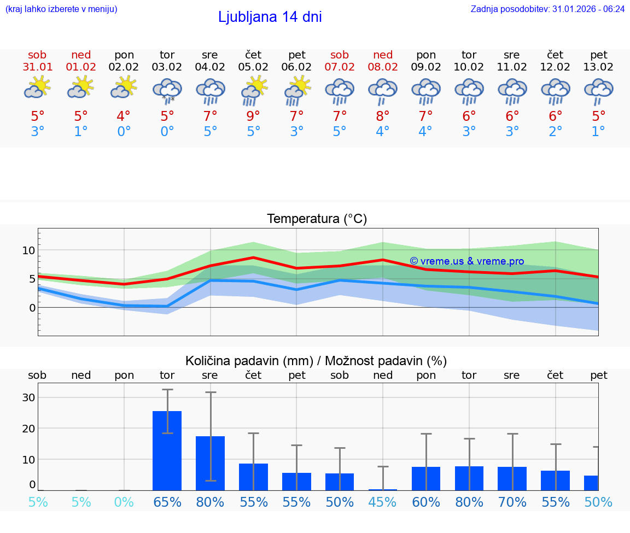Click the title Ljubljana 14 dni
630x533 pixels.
pos(270,17)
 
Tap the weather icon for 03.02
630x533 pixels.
pos(167,90)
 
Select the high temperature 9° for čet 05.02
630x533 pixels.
pos(253,116)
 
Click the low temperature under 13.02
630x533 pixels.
pos(598,132)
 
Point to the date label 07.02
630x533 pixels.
pos(340,67)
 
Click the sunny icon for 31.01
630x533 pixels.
pos(37,87)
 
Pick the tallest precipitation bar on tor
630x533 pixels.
pos(167,450)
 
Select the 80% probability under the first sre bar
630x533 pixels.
pos(210,502)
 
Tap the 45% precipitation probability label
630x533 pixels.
pos(383,502)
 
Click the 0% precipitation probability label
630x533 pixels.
pos(124,502)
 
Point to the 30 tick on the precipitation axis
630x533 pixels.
pos(28,397)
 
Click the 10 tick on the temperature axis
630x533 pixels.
pos(28,250)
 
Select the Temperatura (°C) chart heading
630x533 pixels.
pos(317,219)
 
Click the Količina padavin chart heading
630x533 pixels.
pos(316,361)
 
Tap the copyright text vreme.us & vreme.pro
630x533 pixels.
pos(466,261)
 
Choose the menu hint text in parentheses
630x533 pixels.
pos(61,9)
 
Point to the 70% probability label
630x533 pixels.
pos(512,502)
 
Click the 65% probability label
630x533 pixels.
pos(167,502)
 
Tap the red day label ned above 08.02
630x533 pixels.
pos(383,55)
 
